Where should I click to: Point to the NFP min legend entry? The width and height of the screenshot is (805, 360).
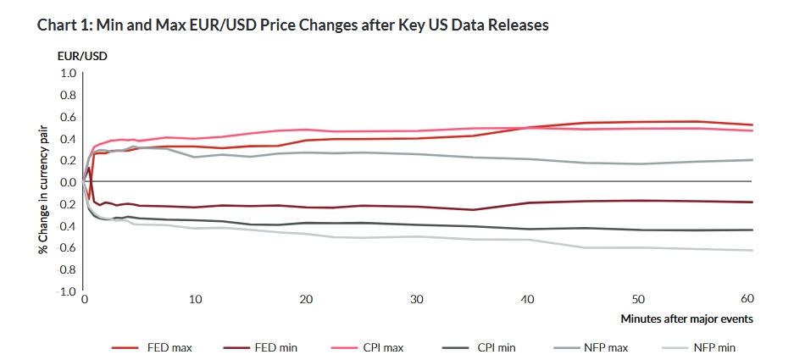click(x=713, y=346)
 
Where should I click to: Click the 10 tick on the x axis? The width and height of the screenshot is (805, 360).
click(x=195, y=300)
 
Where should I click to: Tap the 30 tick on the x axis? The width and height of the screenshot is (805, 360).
click(x=417, y=300)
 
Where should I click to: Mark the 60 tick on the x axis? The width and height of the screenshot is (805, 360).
click(x=747, y=300)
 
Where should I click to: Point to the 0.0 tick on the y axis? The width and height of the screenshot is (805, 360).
click(x=69, y=182)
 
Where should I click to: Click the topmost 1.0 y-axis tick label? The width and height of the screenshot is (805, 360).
click(x=69, y=74)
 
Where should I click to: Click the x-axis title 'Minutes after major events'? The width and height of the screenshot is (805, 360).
click(x=686, y=319)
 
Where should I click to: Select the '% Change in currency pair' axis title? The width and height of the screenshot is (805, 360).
click(x=41, y=181)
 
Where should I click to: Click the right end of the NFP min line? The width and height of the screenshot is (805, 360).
click(x=752, y=250)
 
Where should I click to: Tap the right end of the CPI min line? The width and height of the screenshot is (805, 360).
click(x=752, y=230)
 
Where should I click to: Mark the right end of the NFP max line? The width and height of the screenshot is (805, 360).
click(x=752, y=160)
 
